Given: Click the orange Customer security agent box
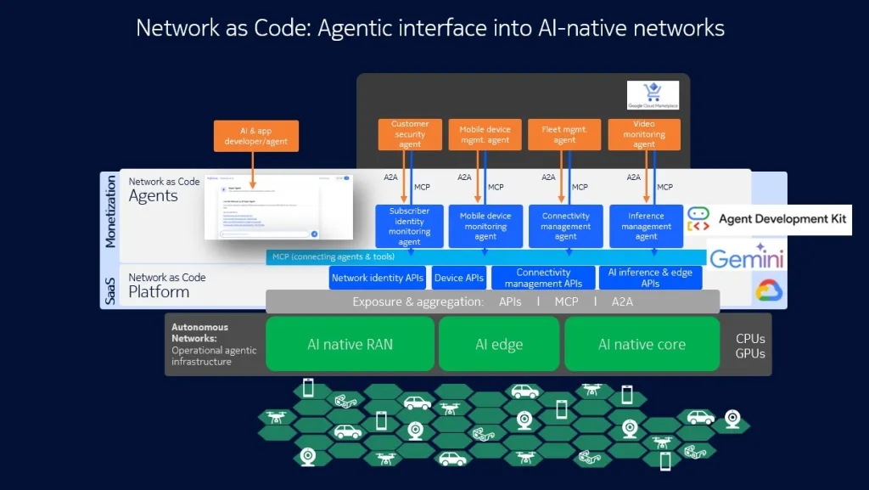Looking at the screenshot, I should click(x=410, y=134).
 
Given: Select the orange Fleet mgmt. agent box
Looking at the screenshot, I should click(x=565, y=134).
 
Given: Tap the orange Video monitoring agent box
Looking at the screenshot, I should click(x=644, y=134).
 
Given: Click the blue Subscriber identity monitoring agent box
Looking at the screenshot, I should click(x=409, y=226).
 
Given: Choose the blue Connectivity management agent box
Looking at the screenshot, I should click(x=566, y=226).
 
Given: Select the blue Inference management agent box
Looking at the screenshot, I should click(x=646, y=226).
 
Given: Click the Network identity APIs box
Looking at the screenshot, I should click(x=378, y=278).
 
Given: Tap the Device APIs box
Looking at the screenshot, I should click(x=459, y=278).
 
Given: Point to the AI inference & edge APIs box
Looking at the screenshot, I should click(x=651, y=278).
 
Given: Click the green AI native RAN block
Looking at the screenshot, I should click(x=350, y=344).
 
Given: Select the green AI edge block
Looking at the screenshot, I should click(x=499, y=344).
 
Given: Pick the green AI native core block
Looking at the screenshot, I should click(x=642, y=344).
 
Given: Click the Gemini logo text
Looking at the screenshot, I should click(x=746, y=258).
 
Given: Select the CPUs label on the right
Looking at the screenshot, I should click(x=751, y=337).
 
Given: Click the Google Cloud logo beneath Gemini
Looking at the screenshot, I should click(x=769, y=291).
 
